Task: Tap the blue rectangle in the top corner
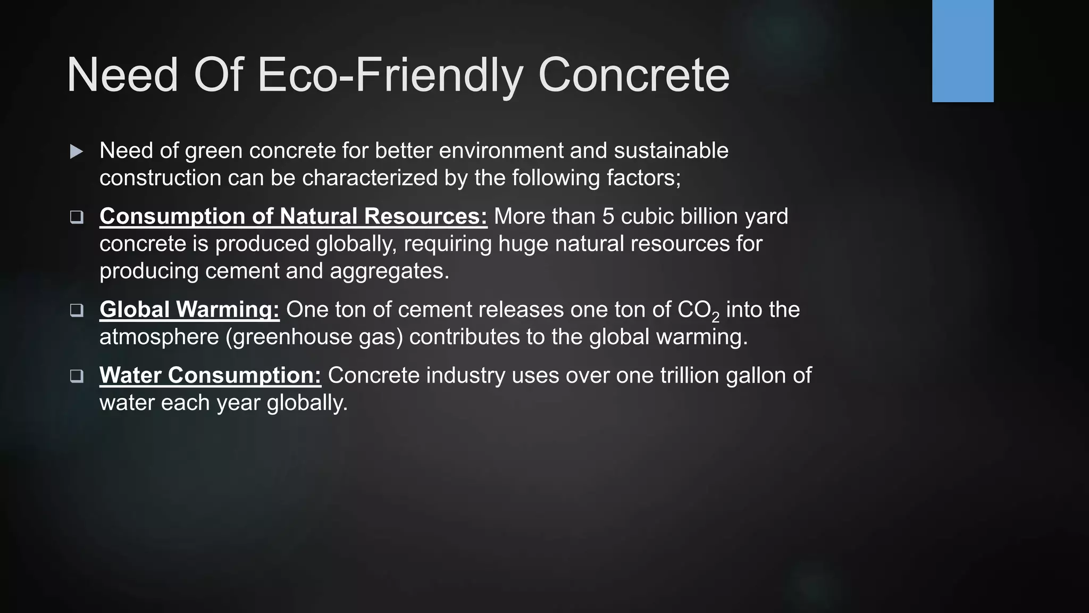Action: [x=962, y=51]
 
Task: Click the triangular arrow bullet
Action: [x=77, y=152]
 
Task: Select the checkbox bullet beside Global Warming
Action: [x=77, y=310]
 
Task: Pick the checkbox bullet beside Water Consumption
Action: [x=77, y=376]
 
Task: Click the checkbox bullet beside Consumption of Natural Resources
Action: [x=77, y=217]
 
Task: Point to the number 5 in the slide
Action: [x=608, y=217]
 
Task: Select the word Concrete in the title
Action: [x=634, y=76]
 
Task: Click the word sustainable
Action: [x=671, y=151]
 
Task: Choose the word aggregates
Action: [x=389, y=271]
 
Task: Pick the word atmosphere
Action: [x=159, y=337]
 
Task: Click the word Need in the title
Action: [x=122, y=76]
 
